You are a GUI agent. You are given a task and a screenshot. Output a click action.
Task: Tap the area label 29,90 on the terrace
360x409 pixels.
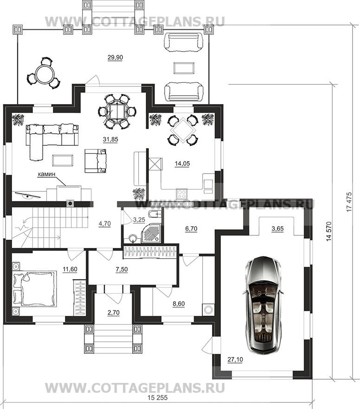coord(115,58)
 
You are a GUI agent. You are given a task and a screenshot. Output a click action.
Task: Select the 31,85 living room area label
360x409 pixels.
coord(110,140)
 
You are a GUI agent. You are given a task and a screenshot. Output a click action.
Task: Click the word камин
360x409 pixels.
coord(46,174)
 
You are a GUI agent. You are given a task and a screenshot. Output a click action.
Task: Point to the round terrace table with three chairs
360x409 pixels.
coord(44,73)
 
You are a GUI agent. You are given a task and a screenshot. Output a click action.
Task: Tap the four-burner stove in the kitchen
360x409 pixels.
coord(182,194)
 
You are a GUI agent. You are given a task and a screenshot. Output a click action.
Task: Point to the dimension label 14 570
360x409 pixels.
coord(329,231)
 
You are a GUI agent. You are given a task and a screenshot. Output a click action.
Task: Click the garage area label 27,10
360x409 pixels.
coord(235,360)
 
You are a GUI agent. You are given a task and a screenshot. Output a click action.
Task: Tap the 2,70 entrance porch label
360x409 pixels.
coord(113,312)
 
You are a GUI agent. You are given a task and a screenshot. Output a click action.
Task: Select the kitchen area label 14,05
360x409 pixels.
coord(182,164)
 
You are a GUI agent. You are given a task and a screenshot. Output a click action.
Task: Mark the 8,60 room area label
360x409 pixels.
coord(179,304)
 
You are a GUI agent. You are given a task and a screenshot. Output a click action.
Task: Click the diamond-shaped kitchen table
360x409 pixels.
coord(182,130)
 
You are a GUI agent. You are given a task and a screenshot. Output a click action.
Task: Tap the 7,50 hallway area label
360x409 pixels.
coord(122,269)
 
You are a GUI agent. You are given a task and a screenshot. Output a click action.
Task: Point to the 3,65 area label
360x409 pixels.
coord(277,229)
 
